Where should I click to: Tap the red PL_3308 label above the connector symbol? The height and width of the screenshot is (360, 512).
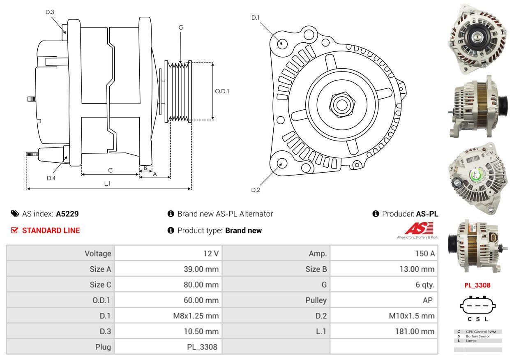click(x=477, y=285)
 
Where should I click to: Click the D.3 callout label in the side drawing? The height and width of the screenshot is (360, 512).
click(x=50, y=12)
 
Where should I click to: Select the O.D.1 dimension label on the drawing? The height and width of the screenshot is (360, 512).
click(x=222, y=91)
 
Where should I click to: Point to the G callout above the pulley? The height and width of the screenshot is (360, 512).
click(x=181, y=28)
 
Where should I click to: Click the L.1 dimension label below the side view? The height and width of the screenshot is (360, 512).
click(x=107, y=184)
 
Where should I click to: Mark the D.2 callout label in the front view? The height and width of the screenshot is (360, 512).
click(x=256, y=190)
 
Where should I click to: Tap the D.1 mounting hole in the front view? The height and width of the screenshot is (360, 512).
click(x=282, y=43)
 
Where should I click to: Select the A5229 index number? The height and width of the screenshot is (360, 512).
click(x=67, y=214)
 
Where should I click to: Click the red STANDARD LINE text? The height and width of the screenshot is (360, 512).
click(x=51, y=231)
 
